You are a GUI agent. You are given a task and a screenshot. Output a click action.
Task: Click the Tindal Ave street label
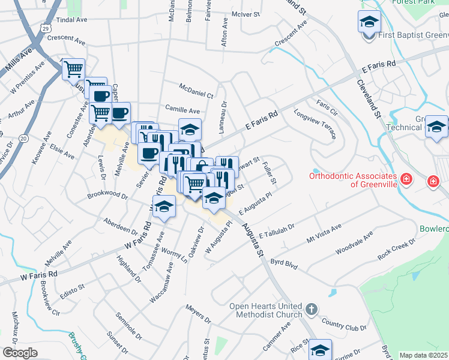71,20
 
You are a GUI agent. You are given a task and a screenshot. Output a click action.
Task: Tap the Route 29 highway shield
46,28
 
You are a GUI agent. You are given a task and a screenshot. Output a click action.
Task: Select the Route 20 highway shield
23,138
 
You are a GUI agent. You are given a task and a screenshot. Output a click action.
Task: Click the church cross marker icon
311,310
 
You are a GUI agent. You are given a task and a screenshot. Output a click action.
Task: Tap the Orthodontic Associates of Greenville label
353,180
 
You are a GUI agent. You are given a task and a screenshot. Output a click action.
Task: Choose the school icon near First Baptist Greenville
369,23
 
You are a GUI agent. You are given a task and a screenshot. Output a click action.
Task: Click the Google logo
20,352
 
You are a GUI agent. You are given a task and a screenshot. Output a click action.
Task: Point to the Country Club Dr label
343,328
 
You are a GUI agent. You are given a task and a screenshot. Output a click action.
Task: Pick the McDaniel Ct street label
197,95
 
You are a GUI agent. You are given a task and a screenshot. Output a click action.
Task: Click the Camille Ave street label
182,111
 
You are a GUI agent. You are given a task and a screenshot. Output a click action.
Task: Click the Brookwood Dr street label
107,196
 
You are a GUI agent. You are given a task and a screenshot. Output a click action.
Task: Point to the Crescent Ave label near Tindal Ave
67,39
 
